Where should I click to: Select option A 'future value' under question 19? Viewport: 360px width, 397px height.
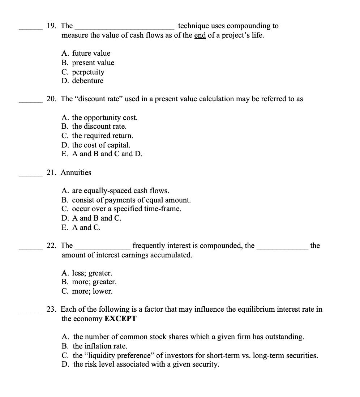point(86,54)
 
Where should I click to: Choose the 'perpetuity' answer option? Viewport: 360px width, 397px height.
point(83,72)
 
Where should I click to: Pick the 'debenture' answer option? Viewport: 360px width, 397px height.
point(82,81)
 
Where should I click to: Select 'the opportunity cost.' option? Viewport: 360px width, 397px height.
point(100,118)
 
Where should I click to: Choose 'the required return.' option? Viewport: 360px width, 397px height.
point(98,136)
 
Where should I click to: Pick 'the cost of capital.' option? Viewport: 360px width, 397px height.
point(96,145)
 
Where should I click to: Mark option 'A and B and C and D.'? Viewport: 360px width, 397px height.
point(102,154)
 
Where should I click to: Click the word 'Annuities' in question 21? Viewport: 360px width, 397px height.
point(76,172)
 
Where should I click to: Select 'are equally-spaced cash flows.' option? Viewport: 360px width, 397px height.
point(116,191)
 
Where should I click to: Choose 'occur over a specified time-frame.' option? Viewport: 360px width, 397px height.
point(122,209)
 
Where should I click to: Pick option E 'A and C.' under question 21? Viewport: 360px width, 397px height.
point(81,227)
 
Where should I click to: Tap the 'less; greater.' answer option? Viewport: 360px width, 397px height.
point(87,273)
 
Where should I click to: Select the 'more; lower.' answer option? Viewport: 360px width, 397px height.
point(87,291)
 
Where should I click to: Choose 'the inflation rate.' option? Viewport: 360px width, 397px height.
point(95,346)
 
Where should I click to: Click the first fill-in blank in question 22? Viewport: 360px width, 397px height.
point(103,247)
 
